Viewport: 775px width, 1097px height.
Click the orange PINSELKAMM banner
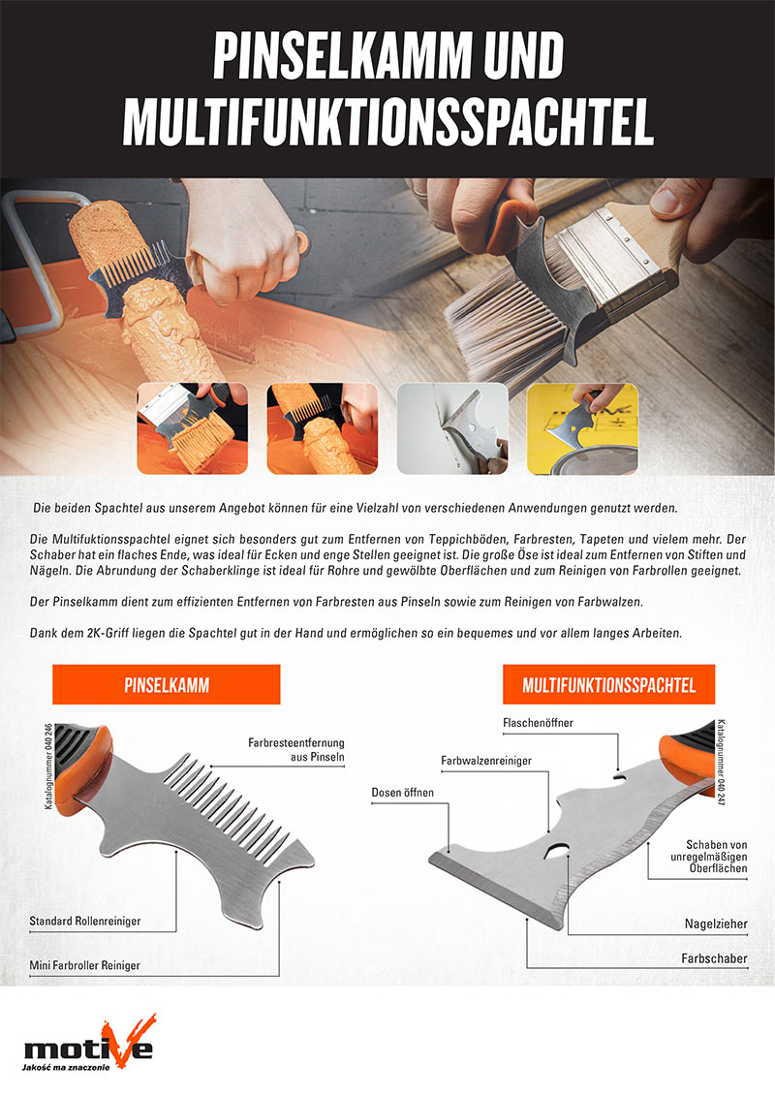click(x=167, y=684)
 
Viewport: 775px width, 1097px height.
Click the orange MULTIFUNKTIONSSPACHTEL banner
click(x=608, y=684)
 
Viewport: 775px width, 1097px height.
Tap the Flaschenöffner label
click(x=538, y=723)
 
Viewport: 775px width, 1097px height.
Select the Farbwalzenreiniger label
click(x=486, y=761)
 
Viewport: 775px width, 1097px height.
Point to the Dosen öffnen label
click(x=402, y=793)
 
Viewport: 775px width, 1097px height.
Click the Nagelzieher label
click(x=716, y=925)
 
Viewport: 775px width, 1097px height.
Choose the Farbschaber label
click(x=714, y=958)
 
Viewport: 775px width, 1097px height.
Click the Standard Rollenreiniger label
click(x=84, y=922)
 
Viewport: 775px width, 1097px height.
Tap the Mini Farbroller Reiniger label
click(x=84, y=965)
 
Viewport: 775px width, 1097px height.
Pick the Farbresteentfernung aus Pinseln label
click(x=295, y=749)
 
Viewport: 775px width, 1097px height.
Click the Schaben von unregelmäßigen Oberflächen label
click(x=708, y=857)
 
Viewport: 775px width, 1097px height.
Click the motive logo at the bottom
click(x=89, y=1043)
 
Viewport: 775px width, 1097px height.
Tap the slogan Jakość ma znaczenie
click(x=66, y=1068)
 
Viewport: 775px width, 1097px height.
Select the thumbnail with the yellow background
click(x=582, y=428)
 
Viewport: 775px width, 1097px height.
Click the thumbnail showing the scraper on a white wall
click(x=452, y=428)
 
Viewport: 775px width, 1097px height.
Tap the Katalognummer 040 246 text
click(x=48, y=767)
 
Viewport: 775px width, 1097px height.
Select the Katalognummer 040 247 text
click(x=721, y=762)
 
